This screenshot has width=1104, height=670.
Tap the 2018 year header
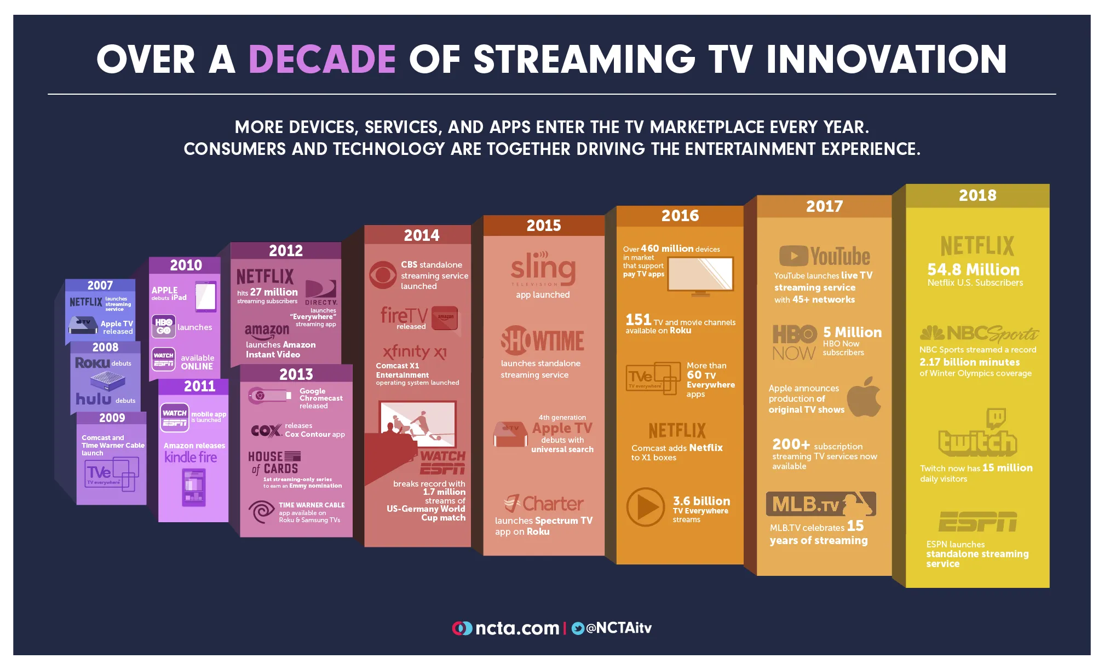(978, 195)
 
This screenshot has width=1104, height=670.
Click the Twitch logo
(978, 435)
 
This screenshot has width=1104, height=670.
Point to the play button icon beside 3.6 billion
(646, 507)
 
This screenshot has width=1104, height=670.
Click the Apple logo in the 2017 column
(865, 397)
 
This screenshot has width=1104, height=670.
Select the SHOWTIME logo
(542, 340)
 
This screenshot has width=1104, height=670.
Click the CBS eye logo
(382, 275)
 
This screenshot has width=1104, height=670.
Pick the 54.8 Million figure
(973, 269)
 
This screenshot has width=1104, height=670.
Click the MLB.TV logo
(820, 504)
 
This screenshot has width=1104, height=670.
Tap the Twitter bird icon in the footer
(577, 628)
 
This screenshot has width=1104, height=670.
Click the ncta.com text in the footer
(517, 628)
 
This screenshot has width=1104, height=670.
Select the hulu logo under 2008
(94, 399)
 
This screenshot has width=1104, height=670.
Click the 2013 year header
(296, 374)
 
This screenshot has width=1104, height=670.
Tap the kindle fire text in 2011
(191, 457)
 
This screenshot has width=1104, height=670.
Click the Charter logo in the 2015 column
(544, 503)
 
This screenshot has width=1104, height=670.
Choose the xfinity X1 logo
(415, 351)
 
